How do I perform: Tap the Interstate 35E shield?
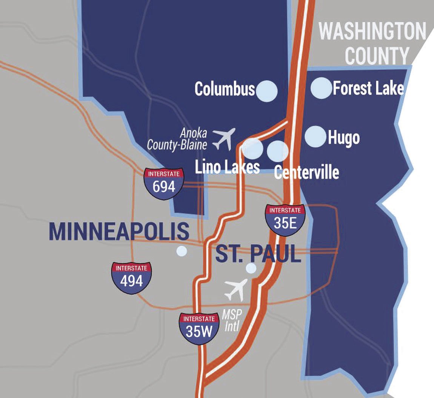point(285,220)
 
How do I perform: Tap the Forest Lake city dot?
point(321,88)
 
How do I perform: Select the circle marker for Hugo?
point(315,136)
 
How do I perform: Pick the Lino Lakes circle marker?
point(252,148)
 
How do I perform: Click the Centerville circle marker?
point(278,151)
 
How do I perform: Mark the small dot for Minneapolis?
point(182,251)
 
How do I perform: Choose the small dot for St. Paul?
point(251,268)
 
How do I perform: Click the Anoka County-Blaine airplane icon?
point(224,138)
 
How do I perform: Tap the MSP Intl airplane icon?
point(236,289)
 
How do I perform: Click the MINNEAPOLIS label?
point(119,231)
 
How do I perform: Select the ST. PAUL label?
point(258,255)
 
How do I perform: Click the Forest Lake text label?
point(368,88)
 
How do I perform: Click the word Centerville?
point(306,172)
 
